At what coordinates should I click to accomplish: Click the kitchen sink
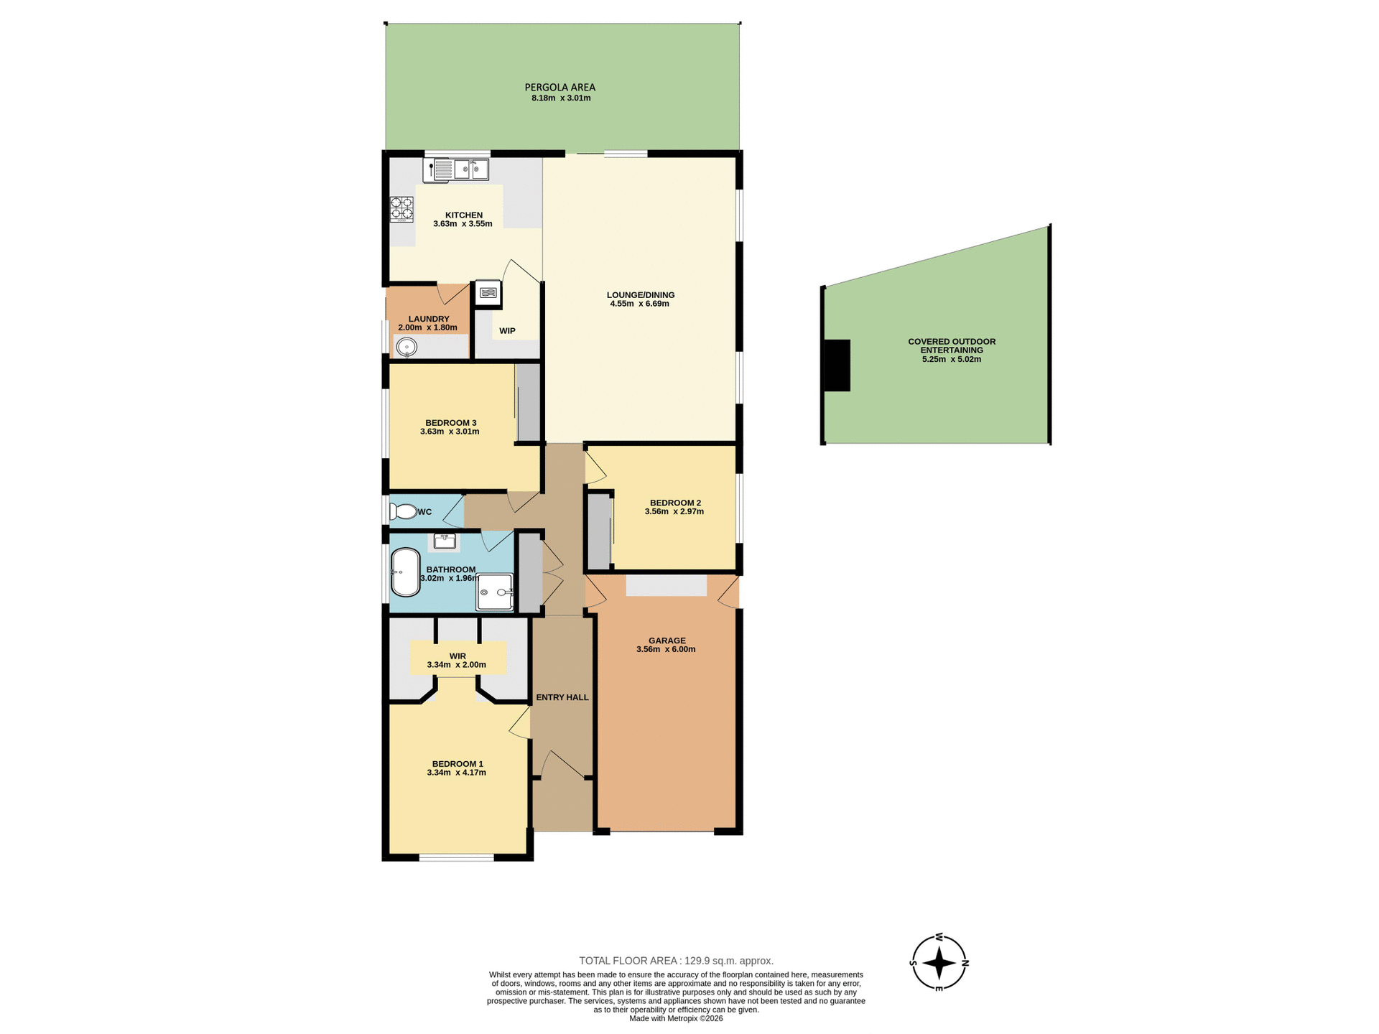tap(460, 170)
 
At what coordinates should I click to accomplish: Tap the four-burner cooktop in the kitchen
tap(401, 208)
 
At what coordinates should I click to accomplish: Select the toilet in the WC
tap(402, 512)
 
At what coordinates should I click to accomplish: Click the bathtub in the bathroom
tap(406, 572)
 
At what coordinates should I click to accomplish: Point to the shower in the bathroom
tap(495, 592)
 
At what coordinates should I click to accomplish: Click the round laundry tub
tap(407, 348)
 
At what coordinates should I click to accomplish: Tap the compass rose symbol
tap(939, 963)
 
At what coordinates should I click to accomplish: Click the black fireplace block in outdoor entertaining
tap(837, 365)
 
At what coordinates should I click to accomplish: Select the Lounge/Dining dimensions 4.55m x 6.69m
tap(639, 304)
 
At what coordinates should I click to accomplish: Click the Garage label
tap(667, 641)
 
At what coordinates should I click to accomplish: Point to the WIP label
tap(507, 331)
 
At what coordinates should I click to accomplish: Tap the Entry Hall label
tap(562, 697)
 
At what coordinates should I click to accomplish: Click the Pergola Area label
tap(560, 88)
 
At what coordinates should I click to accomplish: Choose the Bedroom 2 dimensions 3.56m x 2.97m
tap(674, 512)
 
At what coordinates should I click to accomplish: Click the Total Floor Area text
tap(676, 961)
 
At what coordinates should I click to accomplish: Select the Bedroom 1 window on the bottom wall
tap(457, 857)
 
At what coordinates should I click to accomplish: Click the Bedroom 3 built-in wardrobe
tap(529, 403)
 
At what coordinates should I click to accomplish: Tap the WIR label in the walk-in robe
tap(458, 656)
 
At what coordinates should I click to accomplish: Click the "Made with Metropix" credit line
tap(676, 1018)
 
